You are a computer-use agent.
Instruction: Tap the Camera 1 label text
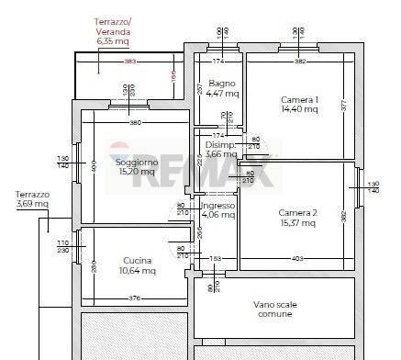[298, 99]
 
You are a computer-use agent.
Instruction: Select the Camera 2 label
[297, 213]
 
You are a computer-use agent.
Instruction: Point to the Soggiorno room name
[138, 162]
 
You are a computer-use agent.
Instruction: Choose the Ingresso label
[217, 206]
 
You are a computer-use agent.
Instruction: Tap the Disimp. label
[220, 145]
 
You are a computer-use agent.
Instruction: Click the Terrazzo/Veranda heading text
[114, 26]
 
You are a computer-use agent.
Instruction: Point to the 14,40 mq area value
[298, 109]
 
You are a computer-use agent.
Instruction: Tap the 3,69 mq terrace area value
[32, 204]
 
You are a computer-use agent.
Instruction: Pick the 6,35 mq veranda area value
[114, 41]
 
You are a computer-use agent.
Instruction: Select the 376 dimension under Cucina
[134, 298]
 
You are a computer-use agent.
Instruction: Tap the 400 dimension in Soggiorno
[94, 167]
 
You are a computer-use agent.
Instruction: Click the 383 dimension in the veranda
[130, 62]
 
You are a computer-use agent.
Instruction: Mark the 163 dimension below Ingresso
[217, 260]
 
